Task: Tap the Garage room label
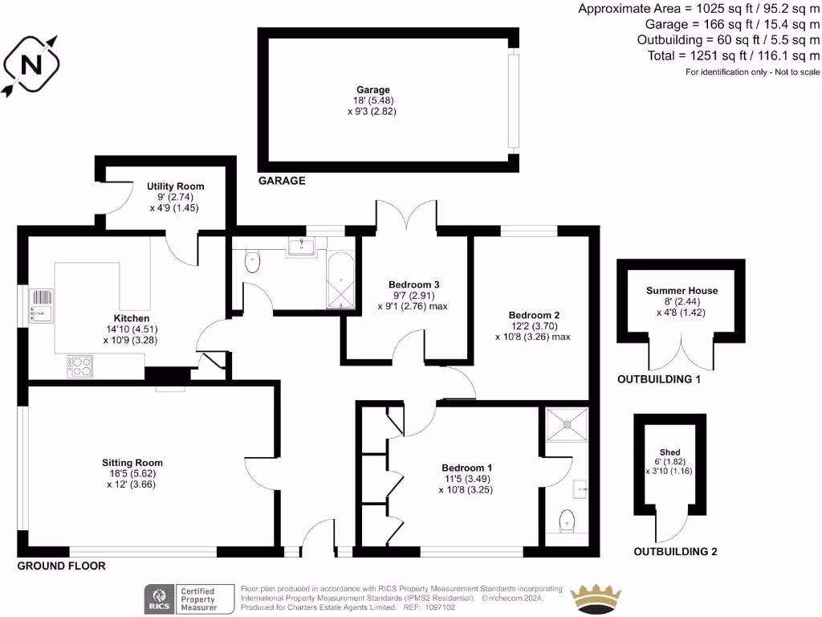coord(373,90)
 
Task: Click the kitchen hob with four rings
coord(80,366)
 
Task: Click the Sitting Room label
coord(132,463)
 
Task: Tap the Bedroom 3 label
coord(413,284)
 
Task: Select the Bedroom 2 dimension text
coord(532,337)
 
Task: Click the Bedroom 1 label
coord(467,468)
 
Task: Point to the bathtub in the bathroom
coord(341,281)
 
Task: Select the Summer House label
coord(682,291)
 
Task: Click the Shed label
coord(669,453)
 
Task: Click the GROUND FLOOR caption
coord(61,566)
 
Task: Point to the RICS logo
coord(159,598)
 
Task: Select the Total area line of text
coord(734,55)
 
